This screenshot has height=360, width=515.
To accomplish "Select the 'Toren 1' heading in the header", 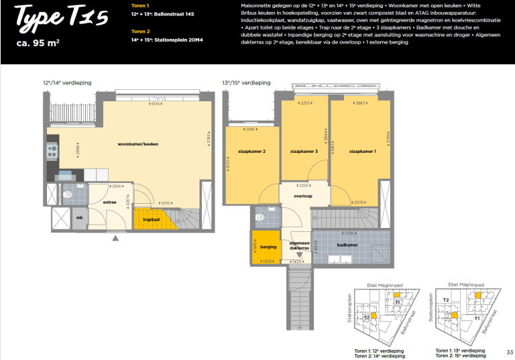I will [x=140, y=5].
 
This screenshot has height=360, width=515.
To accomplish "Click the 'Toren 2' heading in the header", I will [x=140, y=31].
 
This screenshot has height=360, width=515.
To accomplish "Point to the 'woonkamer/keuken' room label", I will [x=138, y=145].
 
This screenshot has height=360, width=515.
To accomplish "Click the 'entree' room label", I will [x=110, y=202].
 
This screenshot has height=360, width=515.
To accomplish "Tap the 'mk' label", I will [x=78, y=218].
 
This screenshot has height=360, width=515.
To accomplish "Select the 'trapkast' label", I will [x=152, y=219].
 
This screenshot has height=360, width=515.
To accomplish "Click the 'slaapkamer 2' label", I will [x=251, y=152].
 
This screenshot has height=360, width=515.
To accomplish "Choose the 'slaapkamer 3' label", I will [x=304, y=152].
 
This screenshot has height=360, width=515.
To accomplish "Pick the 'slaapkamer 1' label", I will [x=363, y=152].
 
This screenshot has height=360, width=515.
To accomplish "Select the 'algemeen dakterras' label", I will [x=299, y=246].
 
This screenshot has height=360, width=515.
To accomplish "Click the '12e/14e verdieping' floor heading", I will [x=67, y=82].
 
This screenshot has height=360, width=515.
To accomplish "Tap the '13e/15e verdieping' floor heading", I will [x=247, y=82].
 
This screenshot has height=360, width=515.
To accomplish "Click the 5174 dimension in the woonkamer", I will [x=155, y=104].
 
